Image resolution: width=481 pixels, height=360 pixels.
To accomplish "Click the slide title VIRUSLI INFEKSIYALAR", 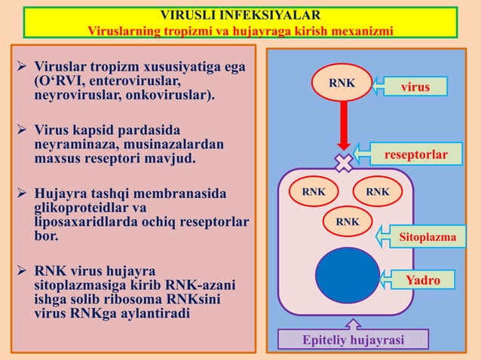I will point(240,14).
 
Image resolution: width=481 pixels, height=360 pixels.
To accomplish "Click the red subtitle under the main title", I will point(240,31).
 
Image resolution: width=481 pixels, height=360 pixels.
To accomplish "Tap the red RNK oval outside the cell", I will point(342,83).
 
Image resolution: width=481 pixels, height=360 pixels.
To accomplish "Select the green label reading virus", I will point(415,87).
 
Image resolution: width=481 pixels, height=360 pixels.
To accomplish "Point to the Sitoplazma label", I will point(427,237).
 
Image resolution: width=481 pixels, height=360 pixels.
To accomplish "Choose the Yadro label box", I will point(423,281).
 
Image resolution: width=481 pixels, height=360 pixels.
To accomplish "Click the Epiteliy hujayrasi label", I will point(353,340).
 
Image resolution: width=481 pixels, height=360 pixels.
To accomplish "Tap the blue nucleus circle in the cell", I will point(348,275).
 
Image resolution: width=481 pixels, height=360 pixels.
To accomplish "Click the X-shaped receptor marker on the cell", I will point(344,163).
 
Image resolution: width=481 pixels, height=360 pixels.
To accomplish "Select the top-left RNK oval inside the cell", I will point(314,193).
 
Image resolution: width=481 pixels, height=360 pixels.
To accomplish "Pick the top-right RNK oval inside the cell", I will point(377,193).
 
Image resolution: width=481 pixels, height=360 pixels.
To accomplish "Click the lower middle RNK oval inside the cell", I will point(347,222).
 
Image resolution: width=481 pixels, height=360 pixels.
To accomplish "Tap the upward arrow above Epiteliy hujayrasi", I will point(353,325).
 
